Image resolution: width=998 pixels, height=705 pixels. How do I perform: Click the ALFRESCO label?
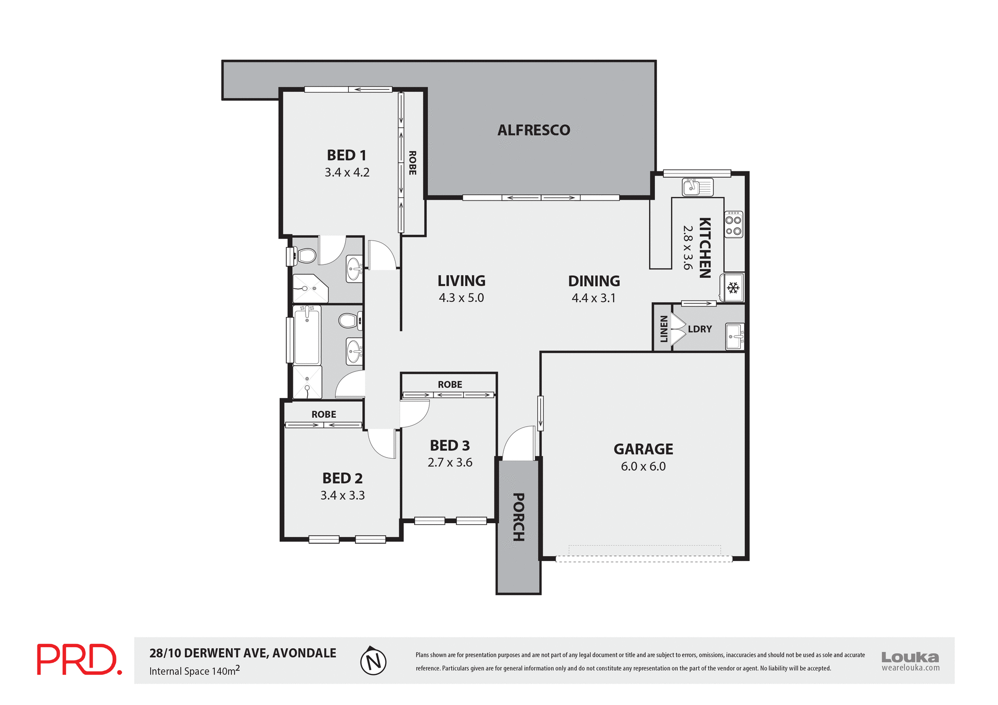click(x=534, y=130)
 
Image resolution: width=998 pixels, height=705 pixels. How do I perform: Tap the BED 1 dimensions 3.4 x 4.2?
click(x=347, y=172)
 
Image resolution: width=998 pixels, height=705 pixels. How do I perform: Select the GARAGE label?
click(x=643, y=449)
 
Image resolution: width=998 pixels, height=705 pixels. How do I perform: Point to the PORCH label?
click(x=518, y=517)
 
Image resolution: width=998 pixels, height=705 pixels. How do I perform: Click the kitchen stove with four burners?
click(x=733, y=224)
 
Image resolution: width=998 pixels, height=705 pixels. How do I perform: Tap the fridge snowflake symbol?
click(x=733, y=288)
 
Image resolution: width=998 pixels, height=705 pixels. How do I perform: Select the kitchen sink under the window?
click(x=697, y=187)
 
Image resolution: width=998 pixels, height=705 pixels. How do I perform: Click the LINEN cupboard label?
click(x=663, y=329)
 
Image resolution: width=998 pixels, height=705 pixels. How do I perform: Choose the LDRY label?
click(x=700, y=329)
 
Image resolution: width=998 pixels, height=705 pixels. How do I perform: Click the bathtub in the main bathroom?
click(x=307, y=335)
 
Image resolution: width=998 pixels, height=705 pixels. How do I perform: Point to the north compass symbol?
click(x=373, y=661)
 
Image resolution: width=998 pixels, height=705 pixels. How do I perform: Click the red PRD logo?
click(x=79, y=660)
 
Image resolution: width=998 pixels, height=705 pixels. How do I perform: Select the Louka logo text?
click(x=910, y=657)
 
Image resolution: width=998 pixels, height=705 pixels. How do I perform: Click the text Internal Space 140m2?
click(x=194, y=671)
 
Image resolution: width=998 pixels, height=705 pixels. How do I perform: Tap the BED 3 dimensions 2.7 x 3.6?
click(x=450, y=462)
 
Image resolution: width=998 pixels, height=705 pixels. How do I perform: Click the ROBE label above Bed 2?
click(x=323, y=414)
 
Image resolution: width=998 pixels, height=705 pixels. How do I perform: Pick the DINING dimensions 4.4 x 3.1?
click(x=594, y=298)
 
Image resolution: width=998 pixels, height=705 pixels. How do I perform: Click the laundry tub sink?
click(x=734, y=336)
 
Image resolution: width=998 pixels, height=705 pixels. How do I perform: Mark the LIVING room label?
click(x=461, y=281)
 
